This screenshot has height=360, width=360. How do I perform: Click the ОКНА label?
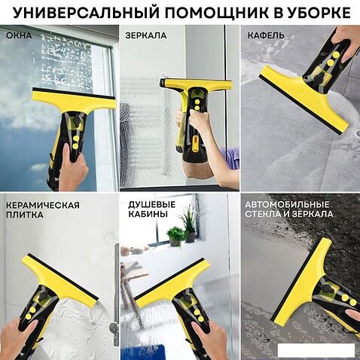point(19,35)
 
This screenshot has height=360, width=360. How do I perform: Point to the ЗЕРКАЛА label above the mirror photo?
point(146,35)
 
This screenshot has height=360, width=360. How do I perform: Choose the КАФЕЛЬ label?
point(266,35)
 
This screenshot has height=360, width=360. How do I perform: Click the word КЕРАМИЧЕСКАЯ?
point(43,205)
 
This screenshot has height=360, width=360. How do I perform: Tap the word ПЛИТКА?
point(25,215)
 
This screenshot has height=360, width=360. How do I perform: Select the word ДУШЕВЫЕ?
point(152,204)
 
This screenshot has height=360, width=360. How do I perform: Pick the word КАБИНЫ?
point(148,214)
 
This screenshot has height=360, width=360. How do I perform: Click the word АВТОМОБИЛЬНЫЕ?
point(287,204)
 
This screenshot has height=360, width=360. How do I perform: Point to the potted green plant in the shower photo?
point(175,236)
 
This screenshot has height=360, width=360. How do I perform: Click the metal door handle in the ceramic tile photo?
point(115,294)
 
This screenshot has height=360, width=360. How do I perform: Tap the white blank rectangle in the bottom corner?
point(316,350)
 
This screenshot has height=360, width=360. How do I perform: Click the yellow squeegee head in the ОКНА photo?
point(75,100)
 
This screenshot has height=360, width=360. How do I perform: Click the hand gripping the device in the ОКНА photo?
point(73,167)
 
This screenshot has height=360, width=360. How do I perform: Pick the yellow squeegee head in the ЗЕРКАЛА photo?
point(196,84)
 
